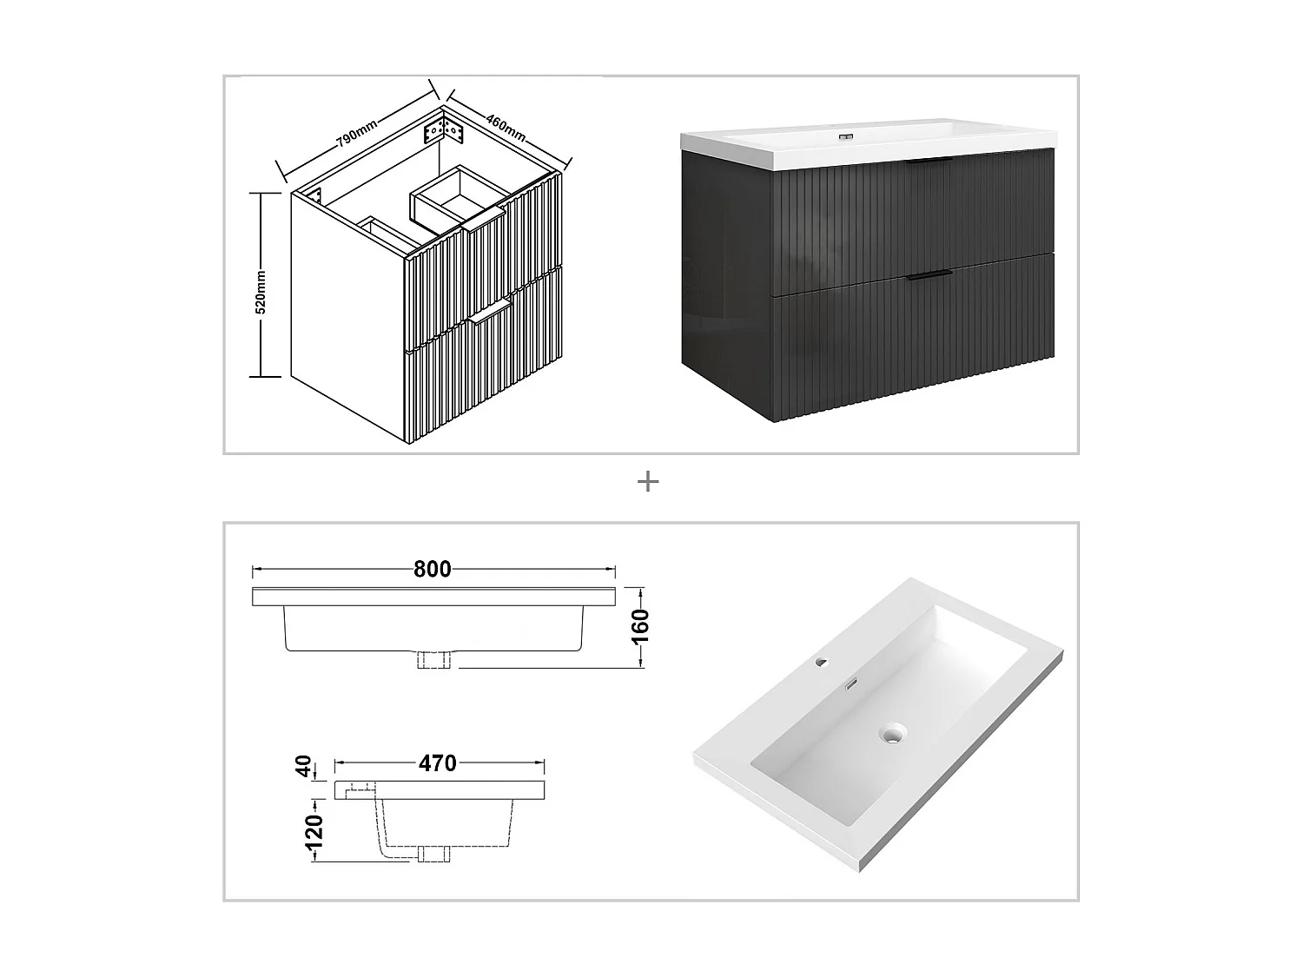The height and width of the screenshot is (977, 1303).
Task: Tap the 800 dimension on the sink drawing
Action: point(433,569)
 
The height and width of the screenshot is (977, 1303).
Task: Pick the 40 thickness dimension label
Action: point(304,767)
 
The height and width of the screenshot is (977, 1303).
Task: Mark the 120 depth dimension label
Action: point(314,831)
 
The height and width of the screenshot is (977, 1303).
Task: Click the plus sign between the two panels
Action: point(648,482)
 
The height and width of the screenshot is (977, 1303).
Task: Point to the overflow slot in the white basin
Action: point(852,683)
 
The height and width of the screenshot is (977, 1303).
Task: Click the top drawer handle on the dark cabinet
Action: point(927,162)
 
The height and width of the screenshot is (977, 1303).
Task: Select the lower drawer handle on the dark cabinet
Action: point(928,276)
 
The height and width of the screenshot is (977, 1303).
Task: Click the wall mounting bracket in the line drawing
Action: point(443,132)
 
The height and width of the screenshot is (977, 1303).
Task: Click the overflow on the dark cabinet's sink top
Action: point(843,137)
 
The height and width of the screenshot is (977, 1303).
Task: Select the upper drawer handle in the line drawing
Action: point(484,226)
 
